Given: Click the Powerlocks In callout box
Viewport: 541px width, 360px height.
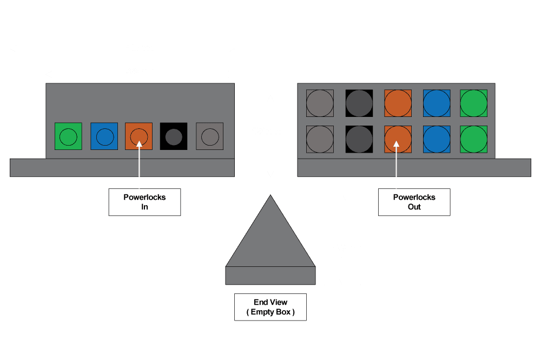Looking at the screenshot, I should pos(144,202).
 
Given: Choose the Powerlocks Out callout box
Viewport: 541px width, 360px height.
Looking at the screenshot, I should pos(414,202).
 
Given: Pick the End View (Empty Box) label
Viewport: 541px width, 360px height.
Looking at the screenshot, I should pos(270,307).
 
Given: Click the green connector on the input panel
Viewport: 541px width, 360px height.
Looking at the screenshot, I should pos(68,136).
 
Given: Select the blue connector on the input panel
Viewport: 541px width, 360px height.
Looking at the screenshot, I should pos(103,136).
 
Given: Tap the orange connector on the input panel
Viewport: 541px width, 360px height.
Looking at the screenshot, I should pos(138,136).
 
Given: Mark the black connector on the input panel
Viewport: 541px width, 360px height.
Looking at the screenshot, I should pos(174,136).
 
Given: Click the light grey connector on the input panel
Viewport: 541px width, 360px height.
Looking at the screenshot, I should pos(209,136).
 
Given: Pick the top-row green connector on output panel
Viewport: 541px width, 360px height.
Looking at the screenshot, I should pos(474,103).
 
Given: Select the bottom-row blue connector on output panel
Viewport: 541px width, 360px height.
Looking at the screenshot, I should pos(437,139).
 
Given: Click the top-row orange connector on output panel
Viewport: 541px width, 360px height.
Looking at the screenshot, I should pos(398,103).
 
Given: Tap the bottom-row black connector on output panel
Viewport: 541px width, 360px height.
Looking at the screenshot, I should pos(359,139).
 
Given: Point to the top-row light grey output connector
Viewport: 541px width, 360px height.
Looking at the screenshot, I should pos(320,103).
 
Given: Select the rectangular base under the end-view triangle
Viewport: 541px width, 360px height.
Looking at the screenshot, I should pos(270,276).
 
